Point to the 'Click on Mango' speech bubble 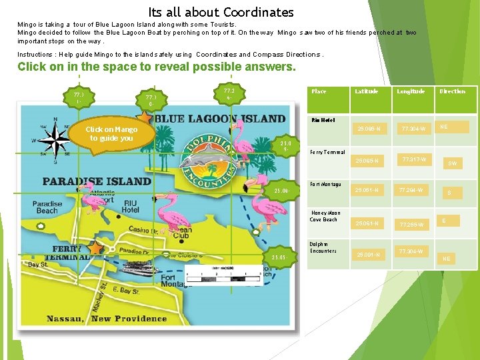(x=111, y=134)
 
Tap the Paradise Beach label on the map (x=49, y=207)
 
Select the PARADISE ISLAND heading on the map (x=97, y=181)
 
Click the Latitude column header (x=366, y=91)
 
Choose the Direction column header (x=452, y=91)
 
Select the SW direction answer (x=452, y=163)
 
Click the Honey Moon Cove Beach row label (x=325, y=216)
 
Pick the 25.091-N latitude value (x=369, y=254)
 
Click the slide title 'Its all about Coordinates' (x=221, y=12)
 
